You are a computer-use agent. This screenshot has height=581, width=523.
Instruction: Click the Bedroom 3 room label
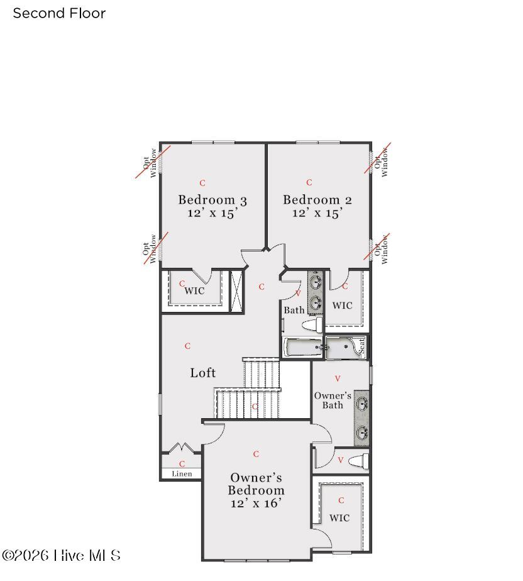[212, 200]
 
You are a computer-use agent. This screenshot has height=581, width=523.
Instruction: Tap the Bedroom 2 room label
[317, 200]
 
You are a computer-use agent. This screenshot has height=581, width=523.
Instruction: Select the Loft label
[202, 373]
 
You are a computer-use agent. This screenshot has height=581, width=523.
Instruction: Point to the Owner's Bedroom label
[256, 484]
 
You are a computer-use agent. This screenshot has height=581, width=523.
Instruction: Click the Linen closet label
[182, 473]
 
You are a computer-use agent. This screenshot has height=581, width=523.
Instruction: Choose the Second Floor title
[59, 13]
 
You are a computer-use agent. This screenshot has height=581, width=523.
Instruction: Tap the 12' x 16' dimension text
[256, 503]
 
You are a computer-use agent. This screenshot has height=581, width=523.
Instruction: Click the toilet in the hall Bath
[312, 325]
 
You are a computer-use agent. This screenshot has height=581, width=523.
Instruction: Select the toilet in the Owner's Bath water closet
[358, 461]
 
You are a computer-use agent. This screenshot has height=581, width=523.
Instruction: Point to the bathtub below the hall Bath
[302, 347]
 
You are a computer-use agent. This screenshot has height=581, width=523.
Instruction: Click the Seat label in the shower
[361, 345]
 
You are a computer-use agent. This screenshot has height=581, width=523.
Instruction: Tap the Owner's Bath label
[333, 400]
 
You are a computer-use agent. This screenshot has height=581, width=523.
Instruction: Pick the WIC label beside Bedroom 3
[194, 291]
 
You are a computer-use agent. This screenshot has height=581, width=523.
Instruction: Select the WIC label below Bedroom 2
[343, 306]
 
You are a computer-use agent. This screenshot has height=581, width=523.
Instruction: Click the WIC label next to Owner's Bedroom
[339, 518]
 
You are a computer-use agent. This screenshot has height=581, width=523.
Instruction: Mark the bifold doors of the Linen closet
[182, 448]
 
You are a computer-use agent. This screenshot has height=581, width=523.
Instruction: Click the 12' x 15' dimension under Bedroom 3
[212, 213]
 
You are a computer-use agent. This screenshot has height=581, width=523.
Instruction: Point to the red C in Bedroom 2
[309, 182]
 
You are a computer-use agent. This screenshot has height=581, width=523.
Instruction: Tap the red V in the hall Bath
[298, 293]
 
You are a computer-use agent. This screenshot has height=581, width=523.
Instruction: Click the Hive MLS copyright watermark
[61, 556]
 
